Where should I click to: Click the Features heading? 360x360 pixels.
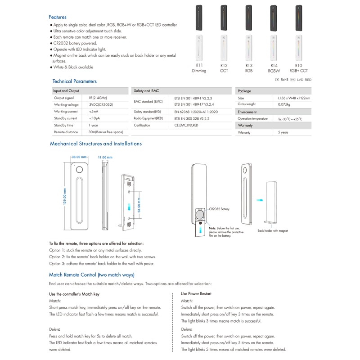tap(57, 17)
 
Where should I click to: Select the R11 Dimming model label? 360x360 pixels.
tap(199, 68)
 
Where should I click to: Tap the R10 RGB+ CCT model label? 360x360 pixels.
tap(299, 68)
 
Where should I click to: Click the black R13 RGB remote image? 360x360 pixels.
tap(249, 18)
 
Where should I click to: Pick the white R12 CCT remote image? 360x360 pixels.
tap(224, 48)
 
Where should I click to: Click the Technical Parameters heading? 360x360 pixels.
tap(74, 81)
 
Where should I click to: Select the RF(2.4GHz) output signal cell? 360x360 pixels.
tap(98, 98)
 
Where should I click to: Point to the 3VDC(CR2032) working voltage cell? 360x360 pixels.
tap(101, 104)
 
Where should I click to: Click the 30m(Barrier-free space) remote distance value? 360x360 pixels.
tap(106, 132)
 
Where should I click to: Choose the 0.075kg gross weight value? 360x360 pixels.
tap(284, 104)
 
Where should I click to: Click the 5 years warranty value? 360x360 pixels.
tap(283, 133)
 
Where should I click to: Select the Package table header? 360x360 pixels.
tap(244, 91)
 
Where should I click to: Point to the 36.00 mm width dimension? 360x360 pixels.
tap(79, 157)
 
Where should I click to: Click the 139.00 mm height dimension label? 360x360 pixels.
tap(64, 196)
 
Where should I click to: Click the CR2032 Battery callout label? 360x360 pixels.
tap(219, 209)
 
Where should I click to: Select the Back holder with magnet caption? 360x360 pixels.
tap(273, 231)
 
